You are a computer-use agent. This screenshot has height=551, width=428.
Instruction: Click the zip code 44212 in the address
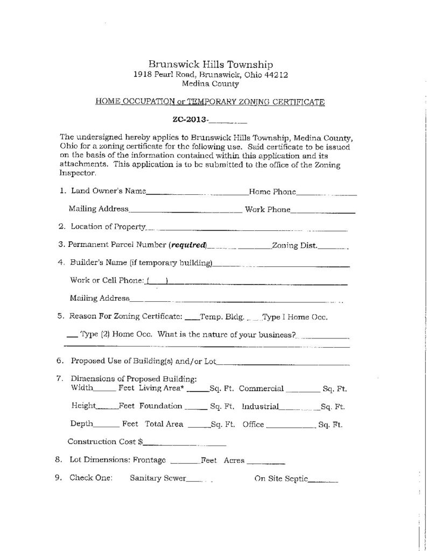(276, 75)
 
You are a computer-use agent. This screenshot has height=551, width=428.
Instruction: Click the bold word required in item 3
(188, 245)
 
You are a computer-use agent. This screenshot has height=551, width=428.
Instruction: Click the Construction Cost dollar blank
(184, 445)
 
